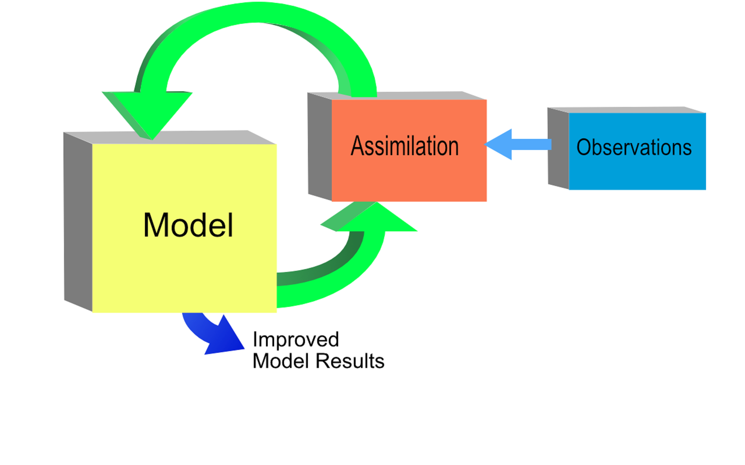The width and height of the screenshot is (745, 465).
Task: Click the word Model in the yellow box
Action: pyautogui.click(x=188, y=226)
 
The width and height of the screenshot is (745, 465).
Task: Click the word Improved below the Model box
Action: pyautogui.click(x=296, y=339)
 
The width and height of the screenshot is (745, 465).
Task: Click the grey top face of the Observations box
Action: pyautogui.click(x=625, y=110)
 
